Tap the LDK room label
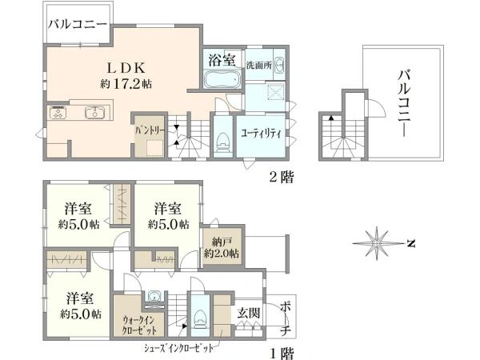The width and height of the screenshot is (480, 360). click(126, 68)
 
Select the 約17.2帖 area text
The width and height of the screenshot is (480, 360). click(126, 83)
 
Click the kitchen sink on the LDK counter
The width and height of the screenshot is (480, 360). click(95, 112)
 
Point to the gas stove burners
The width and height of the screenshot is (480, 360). click(58, 112)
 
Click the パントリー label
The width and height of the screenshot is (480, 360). click(150, 130)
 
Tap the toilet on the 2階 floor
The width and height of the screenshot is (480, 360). click(222, 142)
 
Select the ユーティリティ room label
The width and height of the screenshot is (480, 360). click(261, 134)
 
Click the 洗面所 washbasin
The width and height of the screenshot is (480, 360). click(279, 66)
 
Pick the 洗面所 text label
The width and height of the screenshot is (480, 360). click(259, 66)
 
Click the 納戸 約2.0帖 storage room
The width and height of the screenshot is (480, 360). click(222, 247)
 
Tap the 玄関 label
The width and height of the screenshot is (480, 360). click(249, 313)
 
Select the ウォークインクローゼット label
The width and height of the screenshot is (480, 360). click(139, 325)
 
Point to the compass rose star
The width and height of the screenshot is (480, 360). click(377, 243)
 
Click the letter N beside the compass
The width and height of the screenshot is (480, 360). click(411, 244)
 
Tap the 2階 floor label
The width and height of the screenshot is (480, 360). click(282, 177)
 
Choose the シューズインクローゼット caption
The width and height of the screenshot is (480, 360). click(178, 348)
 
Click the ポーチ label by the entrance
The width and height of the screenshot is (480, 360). click(286, 319)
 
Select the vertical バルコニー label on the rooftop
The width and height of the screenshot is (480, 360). click(404, 103)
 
